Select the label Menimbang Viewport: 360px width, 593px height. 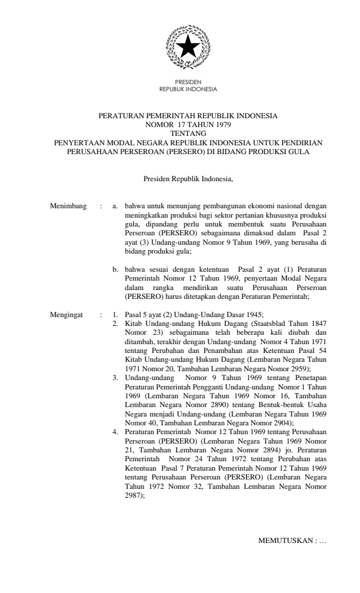pyautogui.click(x=69, y=206)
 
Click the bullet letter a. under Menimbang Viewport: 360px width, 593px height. pyautogui.click(x=116, y=206)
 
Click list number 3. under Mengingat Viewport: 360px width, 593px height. pyautogui.click(x=116, y=375)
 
